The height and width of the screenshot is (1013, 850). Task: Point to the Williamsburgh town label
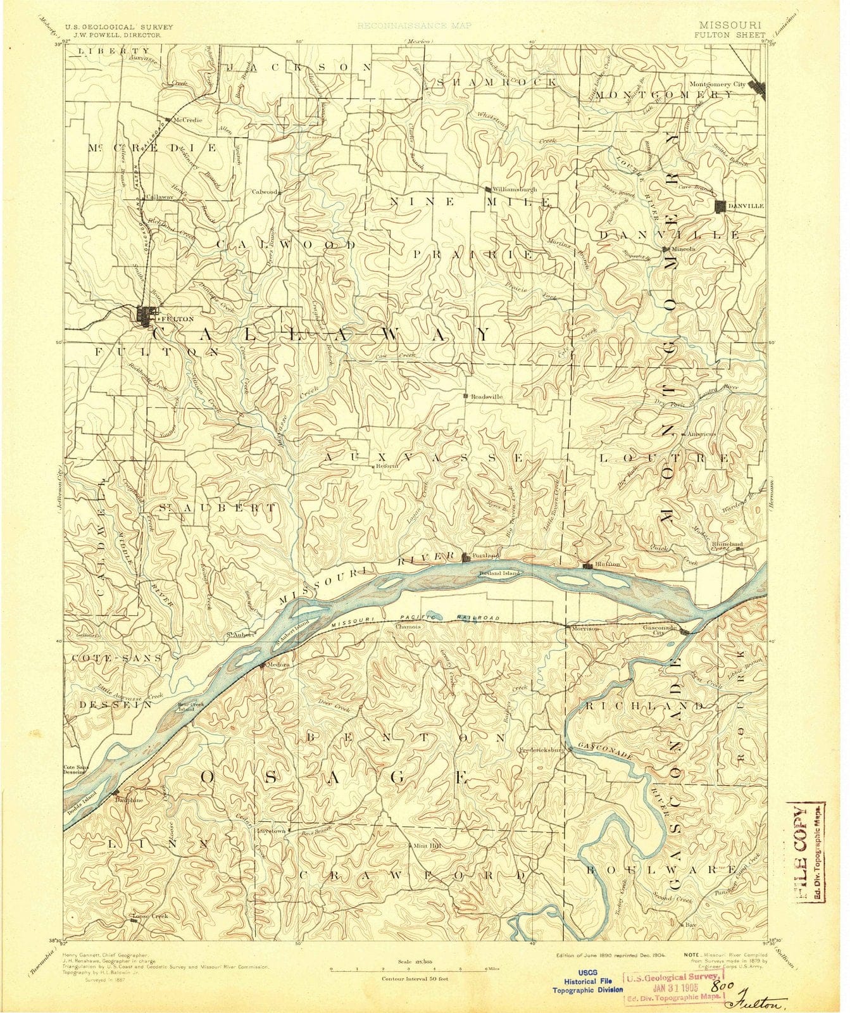(x=515, y=189)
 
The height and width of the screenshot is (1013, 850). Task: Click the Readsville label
(x=487, y=396)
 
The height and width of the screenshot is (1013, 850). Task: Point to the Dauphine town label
(x=129, y=800)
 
